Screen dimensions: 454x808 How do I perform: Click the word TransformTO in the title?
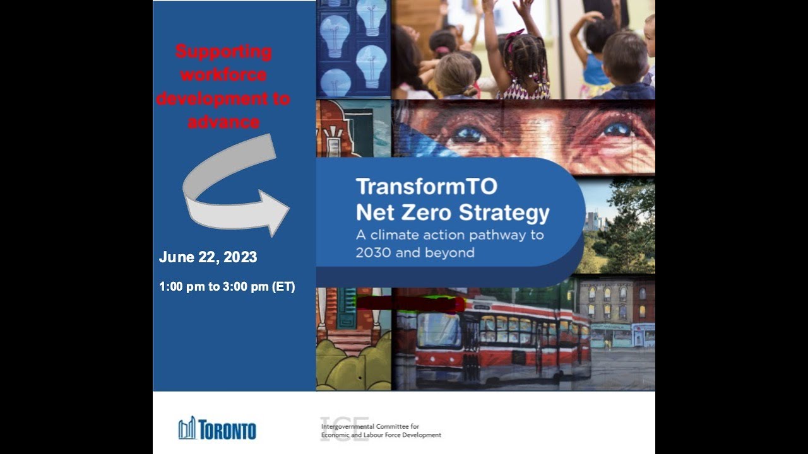(x=426, y=187)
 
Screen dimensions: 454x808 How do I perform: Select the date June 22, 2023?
(x=208, y=257)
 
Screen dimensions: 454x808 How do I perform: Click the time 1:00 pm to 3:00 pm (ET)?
(x=227, y=287)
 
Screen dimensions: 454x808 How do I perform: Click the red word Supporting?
(x=223, y=52)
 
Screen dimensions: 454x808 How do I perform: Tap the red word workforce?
(x=223, y=75)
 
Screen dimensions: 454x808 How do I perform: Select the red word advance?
(x=223, y=122)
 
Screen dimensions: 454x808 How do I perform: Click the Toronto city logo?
(x=217, y=429)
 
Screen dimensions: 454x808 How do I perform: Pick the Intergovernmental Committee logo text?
(x=381, y=431)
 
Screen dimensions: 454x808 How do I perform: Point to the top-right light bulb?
(x=372, y=17)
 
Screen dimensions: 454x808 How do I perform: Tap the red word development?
(x=223, y=98)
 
